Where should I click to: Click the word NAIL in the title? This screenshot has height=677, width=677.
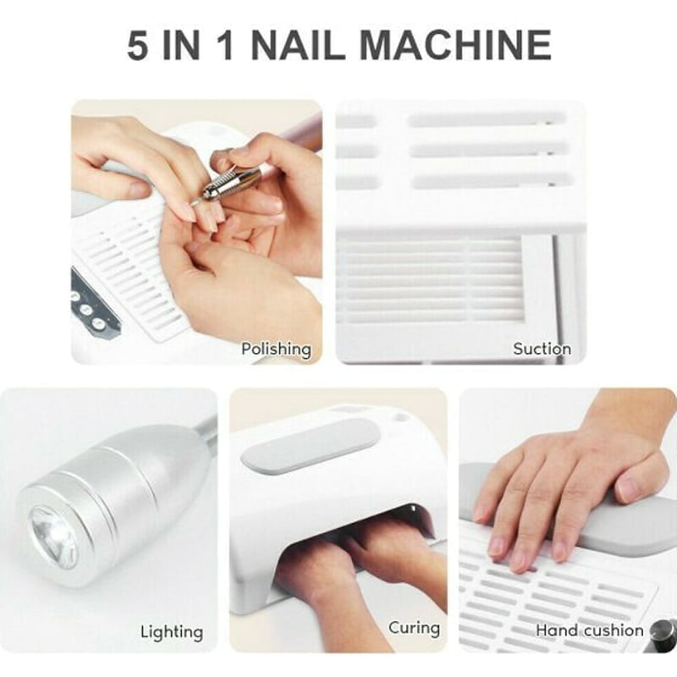click(x=298, y=46)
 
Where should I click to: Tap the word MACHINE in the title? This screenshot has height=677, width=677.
click(x=455, y=46)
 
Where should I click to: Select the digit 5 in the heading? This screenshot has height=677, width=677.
click(x=138, y=46)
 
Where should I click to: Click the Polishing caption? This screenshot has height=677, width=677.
click(x=276, y=349)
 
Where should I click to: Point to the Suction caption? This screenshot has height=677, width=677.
click(x=542, y=349)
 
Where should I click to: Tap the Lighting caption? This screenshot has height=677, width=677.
click(x=172, y=632)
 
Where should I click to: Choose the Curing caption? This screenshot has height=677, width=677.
click(x=414, y=628)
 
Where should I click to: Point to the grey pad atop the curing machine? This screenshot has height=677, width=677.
click(x=311, y=445)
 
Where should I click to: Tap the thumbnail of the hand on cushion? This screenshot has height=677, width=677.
click(x=627, y=488)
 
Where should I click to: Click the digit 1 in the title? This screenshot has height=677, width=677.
click(x=225, y=46)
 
